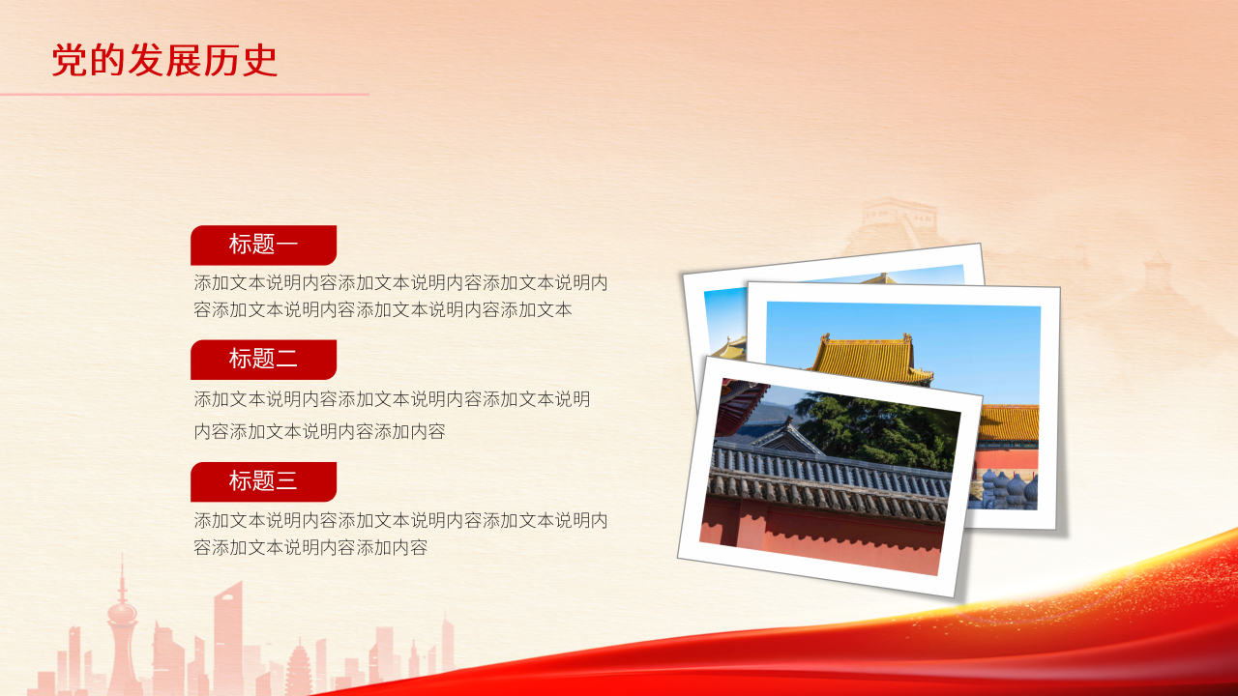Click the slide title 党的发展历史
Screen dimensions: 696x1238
pos(164,61)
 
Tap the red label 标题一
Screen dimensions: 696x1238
pos(263,245)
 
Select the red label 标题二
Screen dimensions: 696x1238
pos(263,360)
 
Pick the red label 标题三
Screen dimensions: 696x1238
pos(263,480)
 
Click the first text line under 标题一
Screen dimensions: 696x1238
pos(400,283)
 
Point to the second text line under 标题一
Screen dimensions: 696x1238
pos(383,310)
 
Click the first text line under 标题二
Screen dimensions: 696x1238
pos(392,399)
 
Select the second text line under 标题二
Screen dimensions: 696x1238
pos(319,431)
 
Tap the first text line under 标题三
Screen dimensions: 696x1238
pos(400,520)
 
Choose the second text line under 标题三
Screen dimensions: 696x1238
pos(310,548)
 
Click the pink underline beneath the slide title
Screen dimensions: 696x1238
pos(184,95)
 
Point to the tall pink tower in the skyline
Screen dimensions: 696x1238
pos(122,619)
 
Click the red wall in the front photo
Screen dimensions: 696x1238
pos(822,541)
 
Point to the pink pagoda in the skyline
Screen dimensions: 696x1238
pos(298,667)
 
